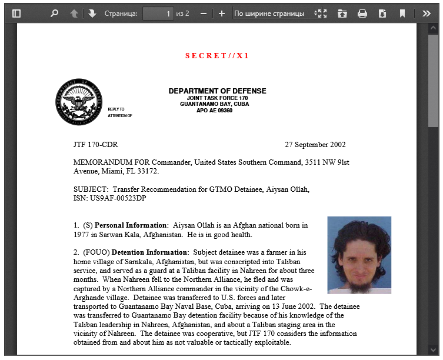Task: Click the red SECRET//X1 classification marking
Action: (x=217, y=56)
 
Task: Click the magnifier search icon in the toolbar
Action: (x=55, y=13)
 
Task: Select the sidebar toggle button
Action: (x=16, y=13)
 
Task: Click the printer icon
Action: (x=362, y=13)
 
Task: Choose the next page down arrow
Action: (x=92, y=13)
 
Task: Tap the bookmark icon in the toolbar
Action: (x=402, y=13)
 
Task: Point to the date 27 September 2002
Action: (x=315, y=145)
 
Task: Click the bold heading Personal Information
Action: (x=131, y=225)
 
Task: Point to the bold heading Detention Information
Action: (x=149, y=252)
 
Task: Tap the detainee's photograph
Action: (x=359, y=255)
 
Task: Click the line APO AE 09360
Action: (x=214, y=111)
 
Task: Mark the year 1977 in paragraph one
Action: (x=81, y=235)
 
